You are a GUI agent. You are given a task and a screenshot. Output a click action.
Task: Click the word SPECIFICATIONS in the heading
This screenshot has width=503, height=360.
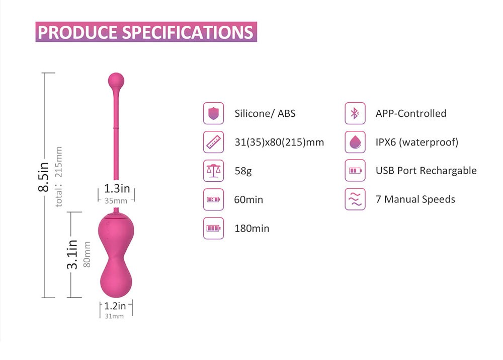[x=188, y=32]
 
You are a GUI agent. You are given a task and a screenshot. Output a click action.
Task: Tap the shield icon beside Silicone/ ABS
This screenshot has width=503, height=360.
[x=213, y=113]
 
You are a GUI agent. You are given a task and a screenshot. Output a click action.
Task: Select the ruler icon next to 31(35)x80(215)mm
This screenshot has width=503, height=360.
[x=213, y=142]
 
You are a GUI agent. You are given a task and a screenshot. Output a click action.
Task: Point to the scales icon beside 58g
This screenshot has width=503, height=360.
[x=213, y=171]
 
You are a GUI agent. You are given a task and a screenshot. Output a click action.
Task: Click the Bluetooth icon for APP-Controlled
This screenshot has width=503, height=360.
[x=355, y=113]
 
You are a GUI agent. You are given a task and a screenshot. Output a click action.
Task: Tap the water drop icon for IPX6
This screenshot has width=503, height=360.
[x=355, y=142]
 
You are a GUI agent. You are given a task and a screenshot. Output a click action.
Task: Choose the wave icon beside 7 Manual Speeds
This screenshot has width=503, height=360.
[x=355, y=199]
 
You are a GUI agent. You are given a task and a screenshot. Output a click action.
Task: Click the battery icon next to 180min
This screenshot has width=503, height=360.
[x=213, y=228]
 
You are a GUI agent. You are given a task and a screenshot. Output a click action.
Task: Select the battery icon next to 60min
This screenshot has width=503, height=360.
[x=213, y=199]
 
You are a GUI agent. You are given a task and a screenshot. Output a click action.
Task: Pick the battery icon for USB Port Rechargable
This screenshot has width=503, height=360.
[x=355, y=171]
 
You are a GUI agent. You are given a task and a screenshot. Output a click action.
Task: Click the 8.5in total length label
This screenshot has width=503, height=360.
[x=44, y=177]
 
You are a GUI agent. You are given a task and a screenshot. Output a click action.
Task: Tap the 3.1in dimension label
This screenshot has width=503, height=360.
[x=72, y=254]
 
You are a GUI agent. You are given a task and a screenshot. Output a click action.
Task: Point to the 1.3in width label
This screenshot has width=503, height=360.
[x=117, y=188]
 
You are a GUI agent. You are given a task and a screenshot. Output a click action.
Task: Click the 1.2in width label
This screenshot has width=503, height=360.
[x=115, y=306]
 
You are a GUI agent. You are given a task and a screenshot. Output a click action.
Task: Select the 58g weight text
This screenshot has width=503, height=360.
[x=243, y=171]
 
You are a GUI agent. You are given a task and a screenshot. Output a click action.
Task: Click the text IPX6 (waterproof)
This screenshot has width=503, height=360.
[x=417, y=142]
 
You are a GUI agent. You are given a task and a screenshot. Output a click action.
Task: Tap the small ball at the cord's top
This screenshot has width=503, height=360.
[x=116, y=81]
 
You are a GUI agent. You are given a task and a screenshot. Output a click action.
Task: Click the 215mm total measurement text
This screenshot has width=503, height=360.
[x=59, y=162]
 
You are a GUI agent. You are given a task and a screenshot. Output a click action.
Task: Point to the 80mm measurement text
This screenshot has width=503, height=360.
[x=87, y=254]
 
